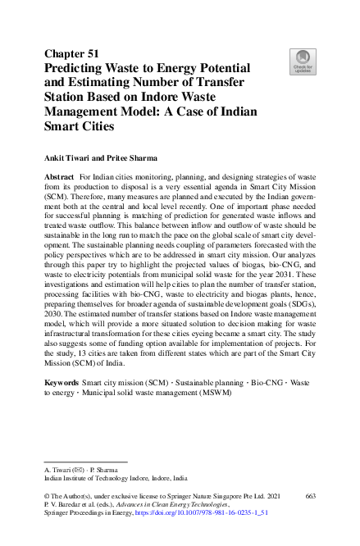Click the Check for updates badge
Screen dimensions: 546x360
pyautogui.click(x=303, y=61)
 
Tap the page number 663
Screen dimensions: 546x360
pyautogui.click(x=310, y=497)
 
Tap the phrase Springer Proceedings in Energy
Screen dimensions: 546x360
pyautogui.click(x=89, y=515)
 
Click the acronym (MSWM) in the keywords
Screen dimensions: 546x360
pyautogui.click(x=216, y=393)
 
